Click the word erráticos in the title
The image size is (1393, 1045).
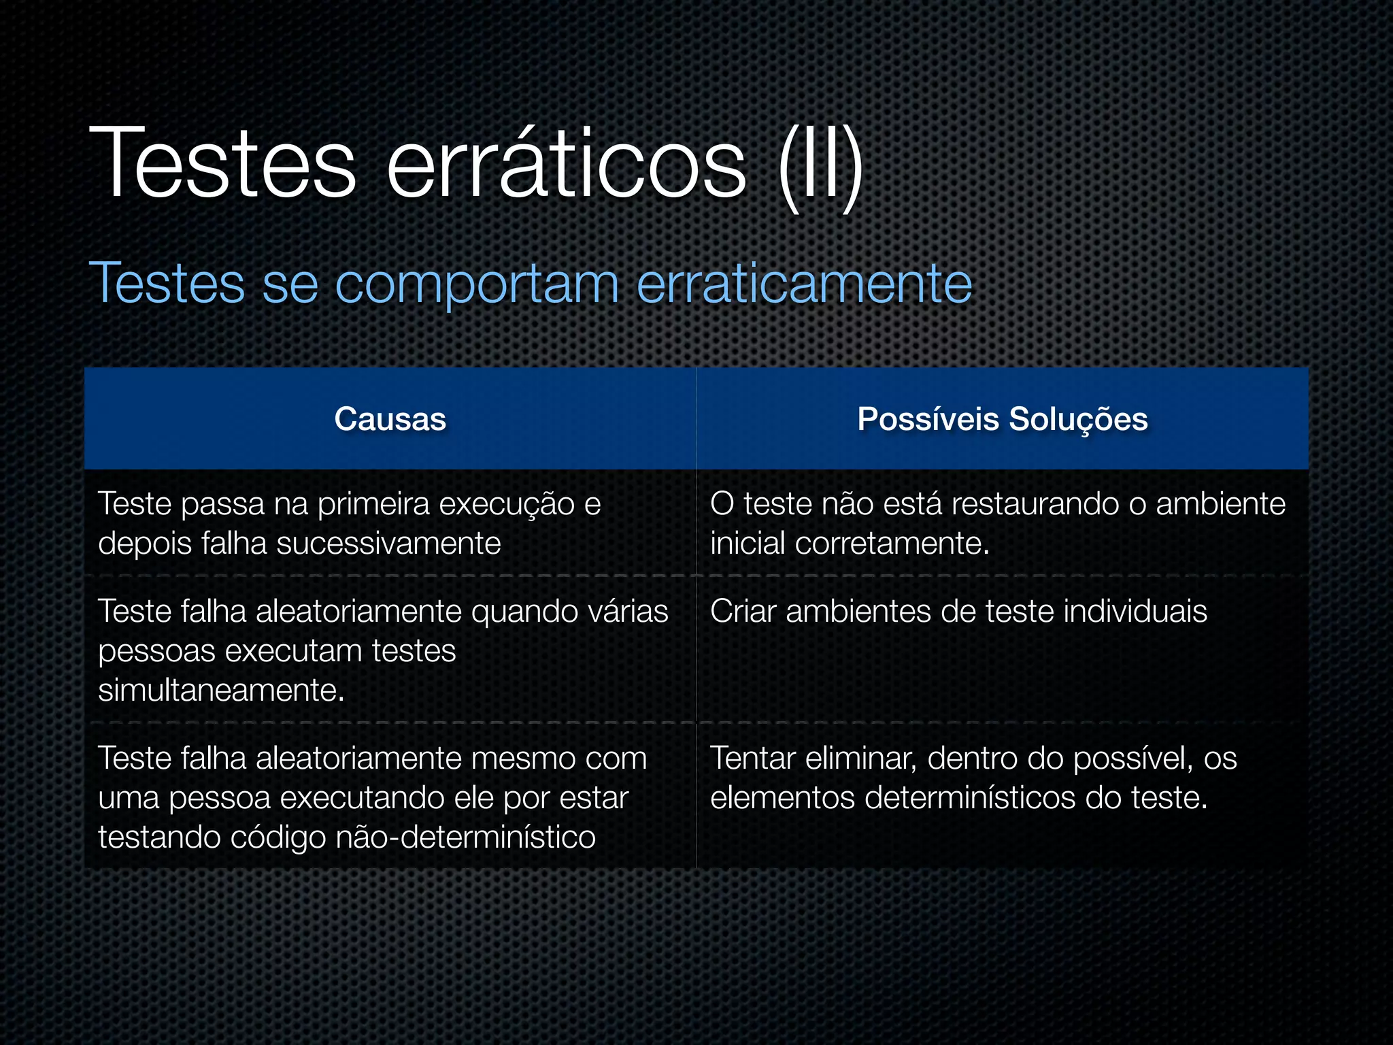pos(566,163)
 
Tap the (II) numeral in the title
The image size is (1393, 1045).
pos(820,167)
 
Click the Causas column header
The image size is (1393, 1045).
pos(390,419)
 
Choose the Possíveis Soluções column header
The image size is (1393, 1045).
pos(1003,419)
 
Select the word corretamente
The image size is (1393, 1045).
pos(892,544)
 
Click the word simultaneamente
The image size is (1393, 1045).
pos(221,691)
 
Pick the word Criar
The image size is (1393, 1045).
pos(743,611)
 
